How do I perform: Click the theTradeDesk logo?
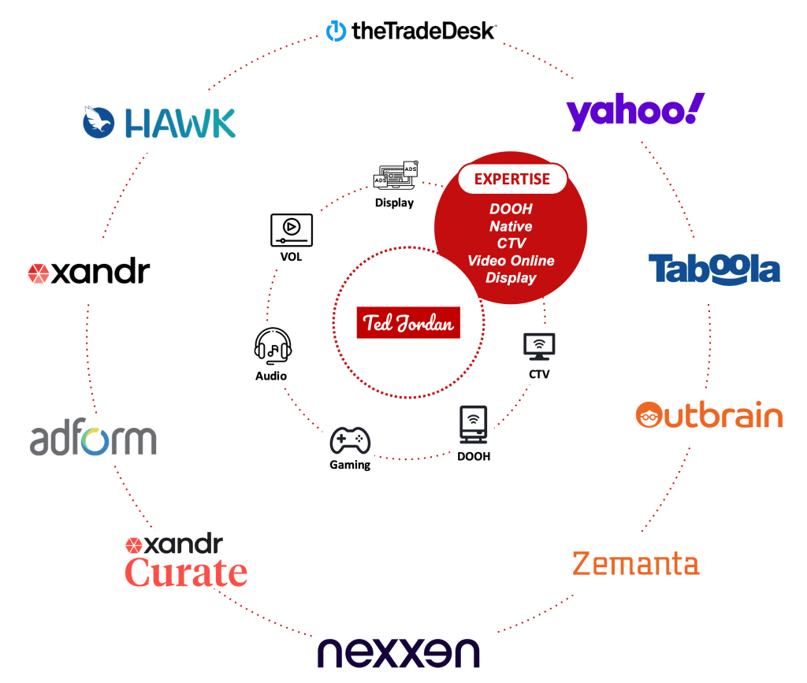coord(411,31)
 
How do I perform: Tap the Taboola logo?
coord(714,269)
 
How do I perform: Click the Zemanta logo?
coord(635,564)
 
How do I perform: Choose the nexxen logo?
coord(398,653)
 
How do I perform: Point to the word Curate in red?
coord(187,572)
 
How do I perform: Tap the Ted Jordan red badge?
coord(407,323)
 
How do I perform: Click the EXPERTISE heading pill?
coord(512,179)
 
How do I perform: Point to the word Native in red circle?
coord(511,226)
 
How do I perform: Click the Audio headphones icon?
coord(273,346)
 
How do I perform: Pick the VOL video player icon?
coord(292,229)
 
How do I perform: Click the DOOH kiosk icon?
coord(472,426)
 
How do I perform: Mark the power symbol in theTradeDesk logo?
coord(337,31)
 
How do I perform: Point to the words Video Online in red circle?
coord(511,261)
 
